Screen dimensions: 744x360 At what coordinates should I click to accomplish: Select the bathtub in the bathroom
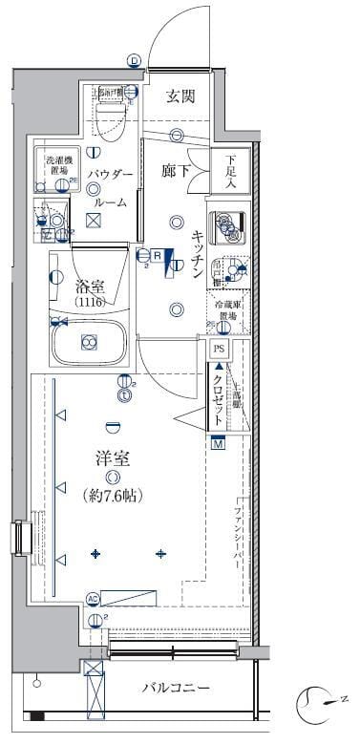coord(89,341)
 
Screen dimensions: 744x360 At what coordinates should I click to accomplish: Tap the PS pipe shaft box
coord(219,350)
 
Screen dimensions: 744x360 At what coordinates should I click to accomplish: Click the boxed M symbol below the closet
coord(219,443)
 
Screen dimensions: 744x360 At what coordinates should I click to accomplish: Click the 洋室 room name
coord(112,458)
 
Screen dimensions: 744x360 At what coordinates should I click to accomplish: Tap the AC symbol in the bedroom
coord(94,599)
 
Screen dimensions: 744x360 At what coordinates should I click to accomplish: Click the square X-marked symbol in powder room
coord(93,221)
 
